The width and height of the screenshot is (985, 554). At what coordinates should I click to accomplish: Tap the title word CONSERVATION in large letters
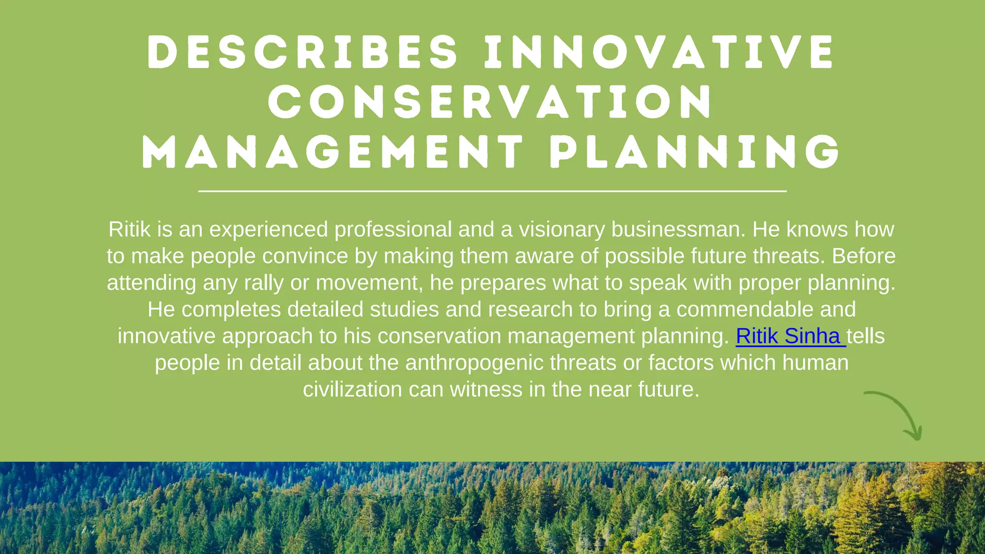490,102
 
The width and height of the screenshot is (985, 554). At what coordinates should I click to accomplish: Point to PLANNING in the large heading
695,152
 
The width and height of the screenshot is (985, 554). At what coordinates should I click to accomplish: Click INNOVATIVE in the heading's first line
659,52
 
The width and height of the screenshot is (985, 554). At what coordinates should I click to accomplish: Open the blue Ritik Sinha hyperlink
790,336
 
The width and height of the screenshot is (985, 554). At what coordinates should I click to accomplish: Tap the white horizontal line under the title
492,191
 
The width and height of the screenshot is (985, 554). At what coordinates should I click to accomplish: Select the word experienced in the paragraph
268,229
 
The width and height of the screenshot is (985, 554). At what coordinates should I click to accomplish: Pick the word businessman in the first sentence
678,229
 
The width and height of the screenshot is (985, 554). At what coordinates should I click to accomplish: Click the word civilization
352,390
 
